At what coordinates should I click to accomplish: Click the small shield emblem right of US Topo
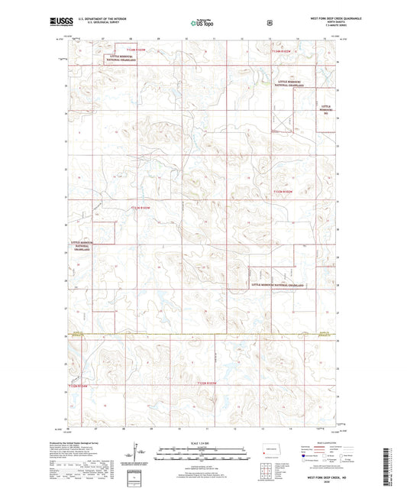[269, 23]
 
